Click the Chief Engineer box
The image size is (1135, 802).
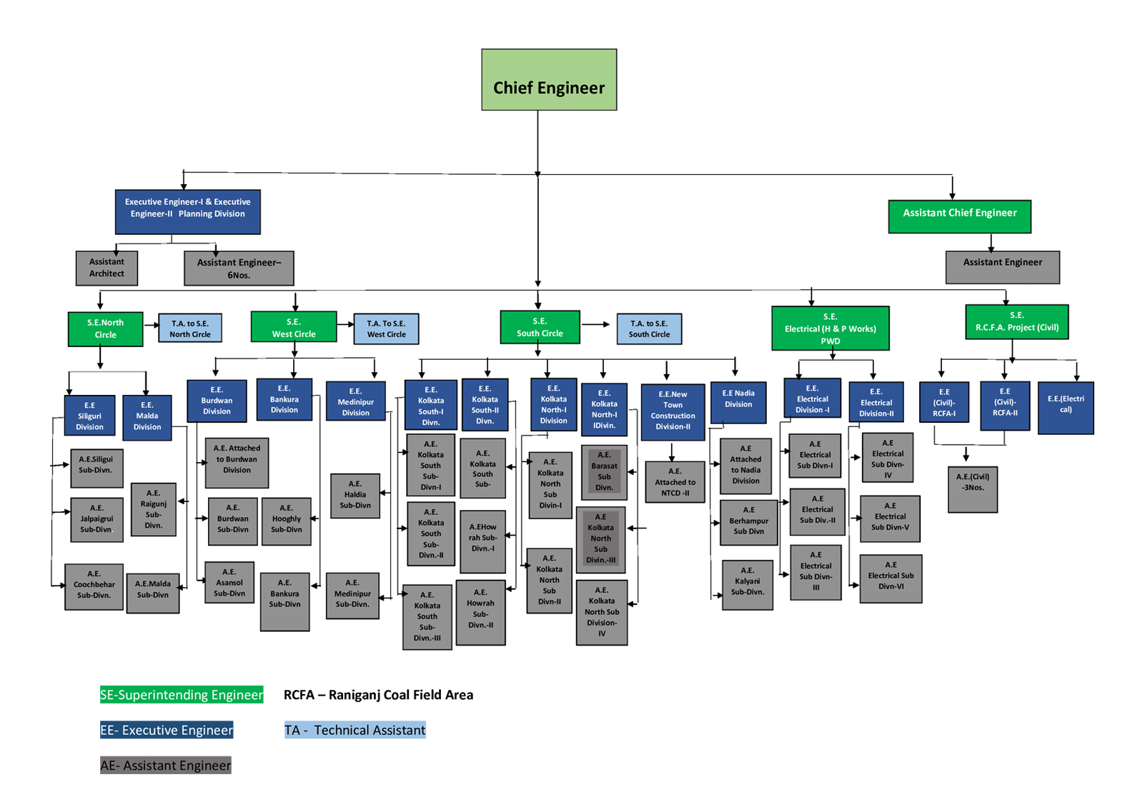549,80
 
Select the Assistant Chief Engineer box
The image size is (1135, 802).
959,216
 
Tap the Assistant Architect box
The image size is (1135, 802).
106,268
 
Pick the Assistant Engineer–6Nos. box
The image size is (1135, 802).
239,269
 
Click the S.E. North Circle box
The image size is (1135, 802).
105,329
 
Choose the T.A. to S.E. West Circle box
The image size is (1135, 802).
386,329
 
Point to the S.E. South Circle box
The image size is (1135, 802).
540,328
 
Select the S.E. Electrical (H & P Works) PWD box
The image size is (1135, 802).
830,329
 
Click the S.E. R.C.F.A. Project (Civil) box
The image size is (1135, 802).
1016,322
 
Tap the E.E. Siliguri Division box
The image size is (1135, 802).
89,416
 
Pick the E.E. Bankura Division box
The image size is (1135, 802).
284,399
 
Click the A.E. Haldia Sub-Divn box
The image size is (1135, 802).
355,495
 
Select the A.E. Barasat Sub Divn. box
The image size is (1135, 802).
604,471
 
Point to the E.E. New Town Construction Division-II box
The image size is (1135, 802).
673,411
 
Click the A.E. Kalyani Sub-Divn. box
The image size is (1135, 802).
747,585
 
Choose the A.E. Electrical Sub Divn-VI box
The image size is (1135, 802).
891,578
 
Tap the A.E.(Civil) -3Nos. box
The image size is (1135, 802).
972,489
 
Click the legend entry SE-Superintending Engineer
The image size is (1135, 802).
182,695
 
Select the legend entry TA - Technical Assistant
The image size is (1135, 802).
355,730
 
